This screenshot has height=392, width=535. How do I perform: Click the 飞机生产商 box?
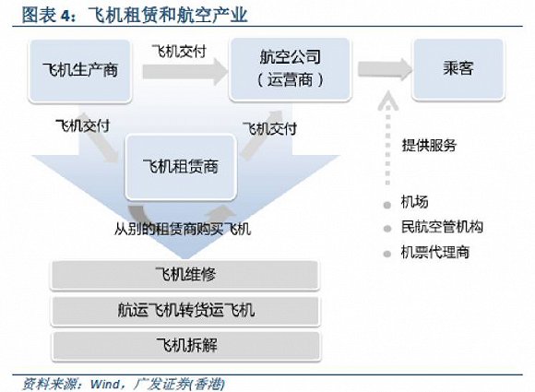click(x=80, y=71)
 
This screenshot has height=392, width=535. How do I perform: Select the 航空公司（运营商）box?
click(x=291, y=69)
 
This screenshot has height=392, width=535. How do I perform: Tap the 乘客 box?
click(x=458, y=69)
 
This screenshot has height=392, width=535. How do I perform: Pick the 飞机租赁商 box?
click(x=181, y=167)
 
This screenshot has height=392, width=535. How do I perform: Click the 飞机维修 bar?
click(x=184, y=275)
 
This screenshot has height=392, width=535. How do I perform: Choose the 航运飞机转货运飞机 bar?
click(x=185, y=311)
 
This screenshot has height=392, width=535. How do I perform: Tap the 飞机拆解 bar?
click(x=186, y=346)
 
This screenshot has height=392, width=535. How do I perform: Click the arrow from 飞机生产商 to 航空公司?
click(x=184, y=71)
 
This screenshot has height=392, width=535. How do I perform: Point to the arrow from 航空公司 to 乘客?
click(x=385, y=69)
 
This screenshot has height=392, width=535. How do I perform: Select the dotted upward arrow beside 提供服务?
click(x=388, y=138)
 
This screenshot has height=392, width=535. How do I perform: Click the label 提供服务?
click(x=429, y=146)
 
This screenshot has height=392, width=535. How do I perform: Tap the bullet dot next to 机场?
click(x=386, y=205)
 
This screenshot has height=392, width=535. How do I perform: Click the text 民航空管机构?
click(x=442, y=227)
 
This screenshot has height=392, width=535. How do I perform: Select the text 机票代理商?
click(x=435, y=252)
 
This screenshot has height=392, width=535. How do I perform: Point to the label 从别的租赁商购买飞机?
click(x=183, y=229)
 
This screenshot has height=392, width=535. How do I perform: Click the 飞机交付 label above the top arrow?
click(x=179, y=52)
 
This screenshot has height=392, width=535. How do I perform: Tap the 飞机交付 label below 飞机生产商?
click(x=83, y=125)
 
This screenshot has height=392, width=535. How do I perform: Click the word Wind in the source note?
click(x=105, y=384)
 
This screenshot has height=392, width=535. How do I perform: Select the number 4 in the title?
click(x=65, y=16)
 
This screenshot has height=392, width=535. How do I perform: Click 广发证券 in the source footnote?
click(x=161, y=384)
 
